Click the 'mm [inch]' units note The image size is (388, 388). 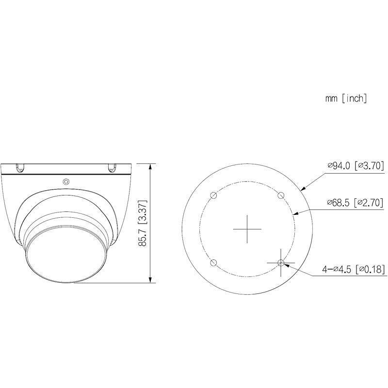click(x=346, y=98)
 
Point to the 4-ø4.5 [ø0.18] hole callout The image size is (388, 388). click(x=353, y=268)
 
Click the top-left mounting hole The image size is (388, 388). click(x=213, y=195)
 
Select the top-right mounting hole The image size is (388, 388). click(x=280, y=195)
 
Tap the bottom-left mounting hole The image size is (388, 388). click(x=213, y=262)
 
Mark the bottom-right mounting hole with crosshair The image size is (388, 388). click(x=280, y=262)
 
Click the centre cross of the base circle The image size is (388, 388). click(x=247, y=229)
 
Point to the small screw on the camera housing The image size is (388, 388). click(x=66, y=182)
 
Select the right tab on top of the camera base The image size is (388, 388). click(x=111, y=167)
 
